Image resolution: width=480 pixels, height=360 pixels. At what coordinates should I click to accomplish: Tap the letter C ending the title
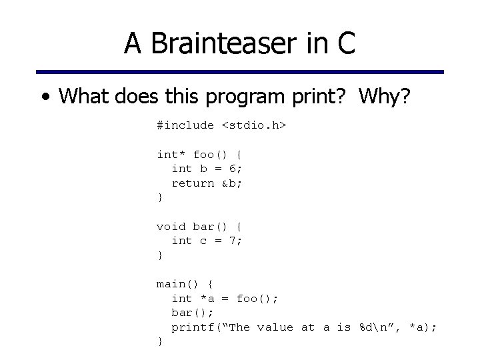[x=345, y=43]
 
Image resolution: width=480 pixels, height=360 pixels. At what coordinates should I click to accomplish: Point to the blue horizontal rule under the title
[x=240, y=71]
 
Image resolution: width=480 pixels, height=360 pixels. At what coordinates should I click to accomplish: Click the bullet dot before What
[x=44, y=97]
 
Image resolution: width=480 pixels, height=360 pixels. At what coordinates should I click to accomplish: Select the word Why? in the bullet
[x=386, y=97]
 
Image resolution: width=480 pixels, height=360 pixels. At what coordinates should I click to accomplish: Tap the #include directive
[x=185, y=125]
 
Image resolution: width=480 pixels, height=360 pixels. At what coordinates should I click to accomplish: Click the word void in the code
[x=171, y=227]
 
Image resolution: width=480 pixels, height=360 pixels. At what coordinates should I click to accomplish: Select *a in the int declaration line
[x=207, y=299]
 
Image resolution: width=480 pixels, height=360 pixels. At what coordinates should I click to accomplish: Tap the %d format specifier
[x=366, y=327]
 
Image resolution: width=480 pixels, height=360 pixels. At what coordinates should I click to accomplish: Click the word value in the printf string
[x=275, y=327]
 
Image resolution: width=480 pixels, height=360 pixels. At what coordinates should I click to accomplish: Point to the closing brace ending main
[x=159, y=341]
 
